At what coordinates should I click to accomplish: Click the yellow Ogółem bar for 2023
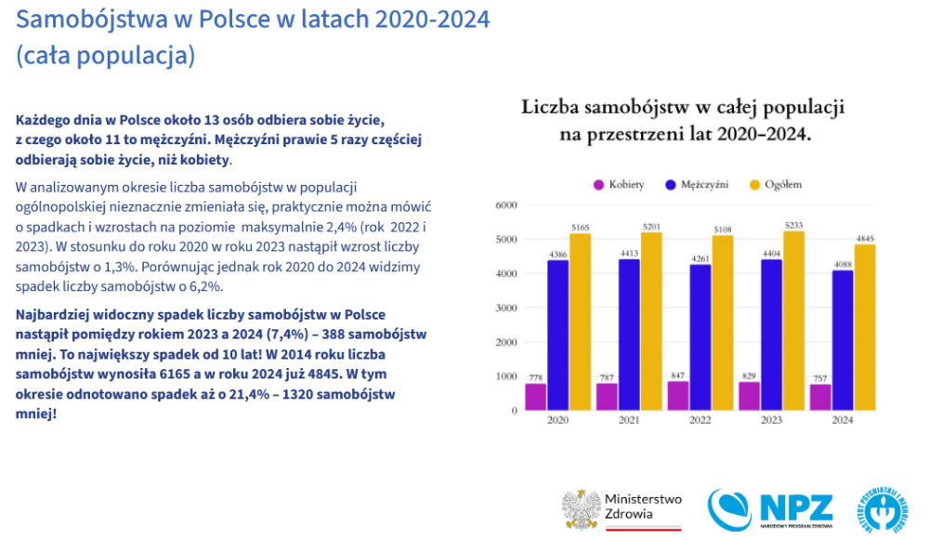[x=794, y=321]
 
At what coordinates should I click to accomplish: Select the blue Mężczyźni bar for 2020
[x=558, y=335]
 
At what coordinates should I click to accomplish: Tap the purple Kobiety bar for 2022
[x=678, y=395]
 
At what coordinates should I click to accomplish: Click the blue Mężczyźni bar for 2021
[x=630, y=334]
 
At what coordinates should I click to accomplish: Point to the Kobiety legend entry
[x=619, y=184]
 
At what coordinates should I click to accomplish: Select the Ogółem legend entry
[x=775, y=184]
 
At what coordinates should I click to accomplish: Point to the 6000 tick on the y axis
[x=506, y=205]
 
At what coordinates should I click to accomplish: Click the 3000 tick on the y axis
[x=506, y=308]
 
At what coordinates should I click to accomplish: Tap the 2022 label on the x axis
[x=700, y=420]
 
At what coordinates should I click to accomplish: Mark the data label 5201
[x=651, y=226]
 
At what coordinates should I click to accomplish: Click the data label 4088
[x=843, y=264]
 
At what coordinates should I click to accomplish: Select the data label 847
[x=678, y=375]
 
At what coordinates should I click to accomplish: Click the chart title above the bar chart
[x=682, y=120]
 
